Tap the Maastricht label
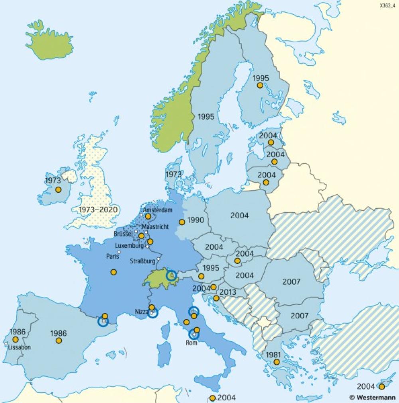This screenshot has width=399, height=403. click(x=155, y=226)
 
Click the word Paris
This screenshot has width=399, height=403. click(x=113, y=256)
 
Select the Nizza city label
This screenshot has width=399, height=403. click(x=141, y=311)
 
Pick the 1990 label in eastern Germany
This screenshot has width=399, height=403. click(x=196, y=220)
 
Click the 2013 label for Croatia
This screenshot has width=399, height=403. click(x=228, y=292)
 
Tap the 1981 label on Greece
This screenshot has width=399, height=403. click(x=274, y=354)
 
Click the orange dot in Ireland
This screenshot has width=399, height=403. click(x=58, y=190)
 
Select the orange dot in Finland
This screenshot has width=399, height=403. click(x=260, y=85)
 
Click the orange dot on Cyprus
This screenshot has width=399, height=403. click(x=382, y=386)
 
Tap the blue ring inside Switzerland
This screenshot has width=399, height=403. click(x=171, y=275)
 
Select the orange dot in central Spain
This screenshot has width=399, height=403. click(x=59, y=341)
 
